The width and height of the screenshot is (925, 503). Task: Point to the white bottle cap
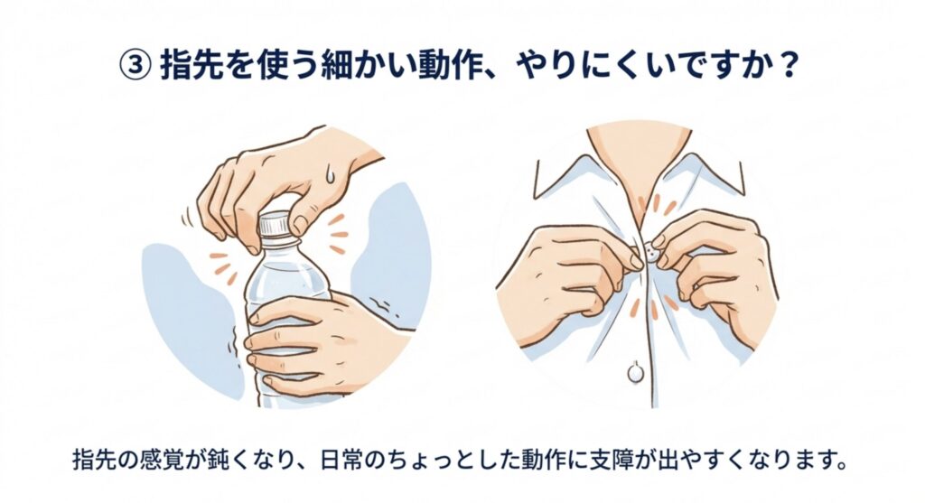point(276,225)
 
